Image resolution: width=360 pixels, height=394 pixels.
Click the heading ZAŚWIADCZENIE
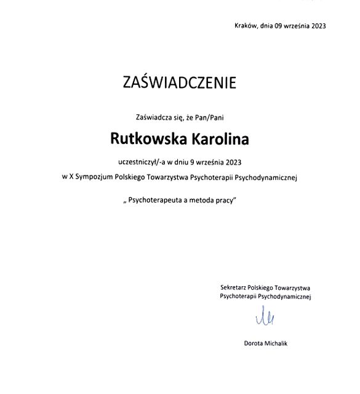[x=180, y=83]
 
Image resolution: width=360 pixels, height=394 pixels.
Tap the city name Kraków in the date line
[x=245, y=25]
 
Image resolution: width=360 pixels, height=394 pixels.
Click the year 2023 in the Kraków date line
[x=318, y=25]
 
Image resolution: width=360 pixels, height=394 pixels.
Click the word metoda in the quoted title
[x=201, y=201]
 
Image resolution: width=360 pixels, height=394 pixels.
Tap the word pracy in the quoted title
[x=225, y=201]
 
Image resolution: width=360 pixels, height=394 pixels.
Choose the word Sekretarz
[x=233, y=287]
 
